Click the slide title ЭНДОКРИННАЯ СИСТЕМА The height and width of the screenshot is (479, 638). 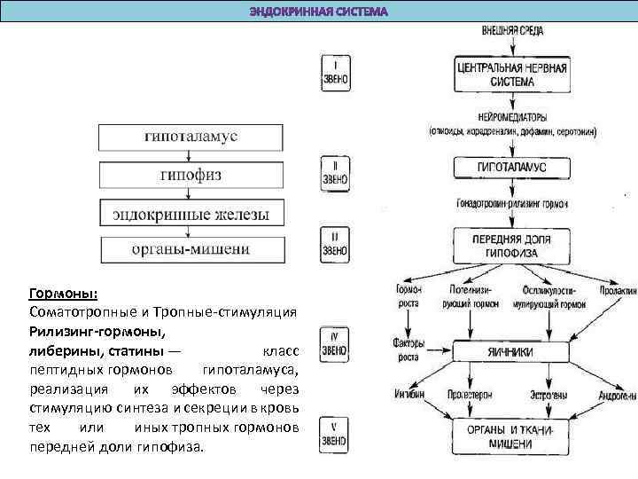tap(318, 12)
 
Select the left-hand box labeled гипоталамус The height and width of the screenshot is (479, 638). tap(190, 137)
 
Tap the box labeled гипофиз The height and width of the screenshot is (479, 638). tap(190, 176)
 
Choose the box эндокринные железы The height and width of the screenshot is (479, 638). tap(190, 214)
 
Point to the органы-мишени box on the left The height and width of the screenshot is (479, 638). tap(190, 249)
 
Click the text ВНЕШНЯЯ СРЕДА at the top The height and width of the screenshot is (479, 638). tap(512, 31)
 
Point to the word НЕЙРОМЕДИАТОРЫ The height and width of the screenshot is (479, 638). tap(512, 118)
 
